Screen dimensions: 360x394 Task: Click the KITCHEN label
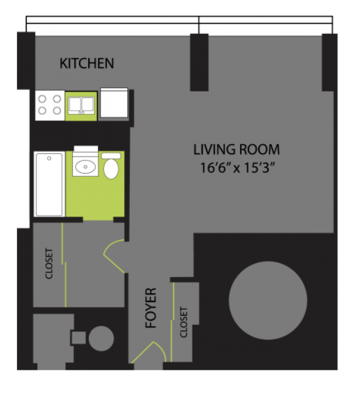87,63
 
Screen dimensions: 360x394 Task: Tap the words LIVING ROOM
236,149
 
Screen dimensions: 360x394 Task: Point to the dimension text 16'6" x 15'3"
236,168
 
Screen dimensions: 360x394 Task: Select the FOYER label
151,308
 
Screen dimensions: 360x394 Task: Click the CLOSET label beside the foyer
184,322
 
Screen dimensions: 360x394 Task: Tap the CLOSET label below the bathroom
49,264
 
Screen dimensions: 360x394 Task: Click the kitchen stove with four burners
50,105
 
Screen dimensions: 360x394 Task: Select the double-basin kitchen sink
81,106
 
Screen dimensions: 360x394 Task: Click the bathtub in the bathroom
50,184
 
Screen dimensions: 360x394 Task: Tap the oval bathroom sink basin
85,166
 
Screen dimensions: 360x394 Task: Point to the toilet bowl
111,169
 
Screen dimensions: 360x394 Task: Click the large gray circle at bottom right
268,300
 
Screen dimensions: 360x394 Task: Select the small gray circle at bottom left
101,338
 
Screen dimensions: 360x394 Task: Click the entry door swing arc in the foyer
149,352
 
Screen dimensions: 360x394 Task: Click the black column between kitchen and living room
199,63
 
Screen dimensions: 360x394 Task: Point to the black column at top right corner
329,63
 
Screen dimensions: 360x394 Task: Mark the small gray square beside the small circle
79,338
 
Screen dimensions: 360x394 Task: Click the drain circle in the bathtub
50,159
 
